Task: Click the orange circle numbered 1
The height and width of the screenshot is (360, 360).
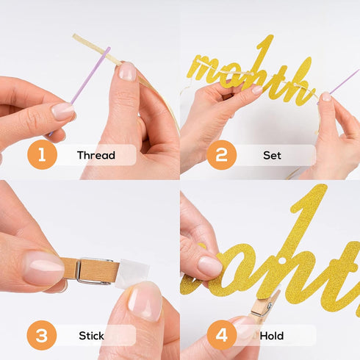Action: click(42, 155)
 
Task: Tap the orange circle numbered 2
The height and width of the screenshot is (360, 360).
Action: click(222, 155)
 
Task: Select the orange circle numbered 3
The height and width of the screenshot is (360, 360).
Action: click(42, 335)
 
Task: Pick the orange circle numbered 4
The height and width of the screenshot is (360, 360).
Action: click(222, 335)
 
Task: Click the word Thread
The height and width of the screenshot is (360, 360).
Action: click(96, 155)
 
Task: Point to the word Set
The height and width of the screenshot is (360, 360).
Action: click(272, 155)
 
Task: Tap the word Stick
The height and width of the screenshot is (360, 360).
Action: click(91, 336)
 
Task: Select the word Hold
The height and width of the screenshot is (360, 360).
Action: click(272, 336)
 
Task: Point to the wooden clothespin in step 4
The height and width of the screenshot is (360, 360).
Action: click(265, 305)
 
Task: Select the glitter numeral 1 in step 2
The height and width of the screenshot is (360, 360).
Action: click(265, 53)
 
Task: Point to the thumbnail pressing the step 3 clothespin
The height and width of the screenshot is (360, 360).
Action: click(44, 268)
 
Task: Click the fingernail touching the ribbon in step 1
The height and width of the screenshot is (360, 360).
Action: click(127, 71)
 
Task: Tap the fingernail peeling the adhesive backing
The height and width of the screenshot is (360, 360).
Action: click(145, 300)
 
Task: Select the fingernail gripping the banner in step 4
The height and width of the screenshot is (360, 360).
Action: click(210, 267)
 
